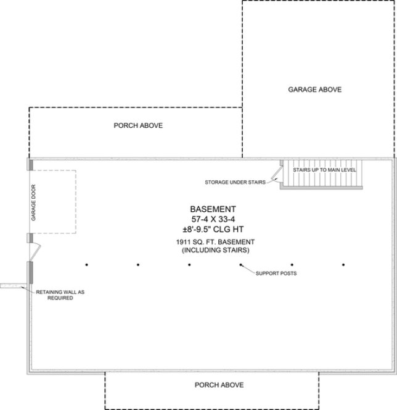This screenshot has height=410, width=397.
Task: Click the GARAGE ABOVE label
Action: tap(314, 90)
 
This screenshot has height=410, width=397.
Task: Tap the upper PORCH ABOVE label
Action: tap(138, 125)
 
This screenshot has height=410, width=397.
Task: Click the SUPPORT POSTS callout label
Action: tap(272, 272)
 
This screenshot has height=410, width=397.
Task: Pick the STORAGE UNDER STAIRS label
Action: tap(234, 182)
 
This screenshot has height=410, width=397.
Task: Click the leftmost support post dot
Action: tap(87, 264)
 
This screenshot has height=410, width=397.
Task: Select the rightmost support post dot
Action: tap(343, 264)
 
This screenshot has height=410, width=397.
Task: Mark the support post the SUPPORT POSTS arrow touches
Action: tap(241, 264)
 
